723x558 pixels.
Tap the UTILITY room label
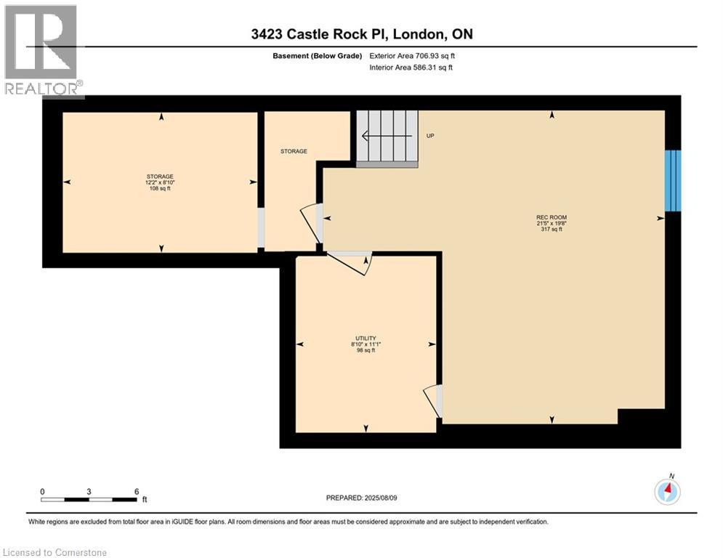point(365,344)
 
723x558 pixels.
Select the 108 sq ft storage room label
point(160,182)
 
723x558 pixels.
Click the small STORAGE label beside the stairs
point(294,152)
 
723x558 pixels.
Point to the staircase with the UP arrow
point(387,138)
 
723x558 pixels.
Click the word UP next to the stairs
point(430,136)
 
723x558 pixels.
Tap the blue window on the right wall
point(674,179)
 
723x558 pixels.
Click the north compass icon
point(666,491)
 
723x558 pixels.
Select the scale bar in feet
point(89,499)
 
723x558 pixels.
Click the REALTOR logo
point(42,50)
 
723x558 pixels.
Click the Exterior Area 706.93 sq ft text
point(412,56)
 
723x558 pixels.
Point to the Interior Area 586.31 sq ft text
point(412,68)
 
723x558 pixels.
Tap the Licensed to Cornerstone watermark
point(54,553)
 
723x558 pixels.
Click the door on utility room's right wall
point(434,400)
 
